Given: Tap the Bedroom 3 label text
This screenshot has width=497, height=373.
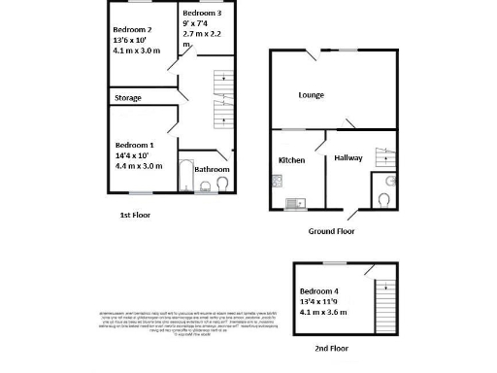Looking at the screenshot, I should click(x=202, y=13).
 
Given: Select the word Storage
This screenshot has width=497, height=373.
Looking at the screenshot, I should click(x=128, y=98).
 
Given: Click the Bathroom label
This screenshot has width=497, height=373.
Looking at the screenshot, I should click(x=212, y=169).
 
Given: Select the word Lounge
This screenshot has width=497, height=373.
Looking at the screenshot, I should click(x=311, y=95).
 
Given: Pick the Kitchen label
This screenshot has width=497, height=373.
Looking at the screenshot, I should click(x=292, y=159).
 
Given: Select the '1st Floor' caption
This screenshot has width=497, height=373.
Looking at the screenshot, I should click(x=135, y=214).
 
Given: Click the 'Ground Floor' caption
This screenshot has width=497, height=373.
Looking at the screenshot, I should click(x=331, y=231).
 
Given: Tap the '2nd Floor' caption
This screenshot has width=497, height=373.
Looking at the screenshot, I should click(x=332, y=347).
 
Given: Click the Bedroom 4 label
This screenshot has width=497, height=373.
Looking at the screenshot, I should click(x=319, y=292).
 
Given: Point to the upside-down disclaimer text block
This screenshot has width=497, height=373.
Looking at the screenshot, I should click(x=188, y=322).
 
